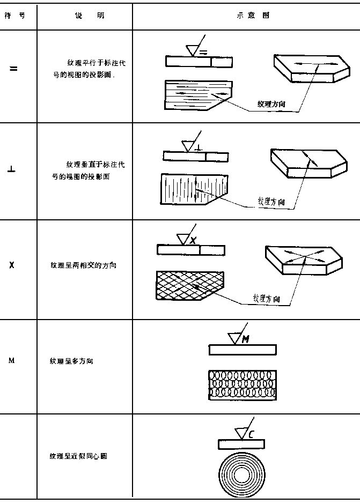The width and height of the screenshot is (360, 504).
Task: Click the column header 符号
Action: pos(15,16)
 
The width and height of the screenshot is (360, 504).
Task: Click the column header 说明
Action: pos(90,16)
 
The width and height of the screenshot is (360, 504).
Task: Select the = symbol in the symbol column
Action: pos(14,69)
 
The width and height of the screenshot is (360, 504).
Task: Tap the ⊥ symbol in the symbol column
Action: pos(12,171)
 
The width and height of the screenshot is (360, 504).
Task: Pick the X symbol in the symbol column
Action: pos(12,265)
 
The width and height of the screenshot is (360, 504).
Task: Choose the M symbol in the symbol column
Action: pos(11,360)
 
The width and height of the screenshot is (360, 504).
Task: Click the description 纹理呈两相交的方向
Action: pos(83,265)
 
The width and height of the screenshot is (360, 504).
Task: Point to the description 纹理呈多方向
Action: pos(71,361)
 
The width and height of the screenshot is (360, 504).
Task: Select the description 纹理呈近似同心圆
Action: pos(80,456)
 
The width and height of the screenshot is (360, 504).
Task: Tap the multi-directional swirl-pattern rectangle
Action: pos(242,384)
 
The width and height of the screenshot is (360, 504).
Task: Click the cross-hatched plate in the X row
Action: pos(188,285)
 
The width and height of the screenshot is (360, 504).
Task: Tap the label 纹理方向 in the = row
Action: pos(271,103)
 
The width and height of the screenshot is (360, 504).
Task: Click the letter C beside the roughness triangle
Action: pos(251,433)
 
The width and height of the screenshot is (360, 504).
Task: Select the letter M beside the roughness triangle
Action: pos(245,339)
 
